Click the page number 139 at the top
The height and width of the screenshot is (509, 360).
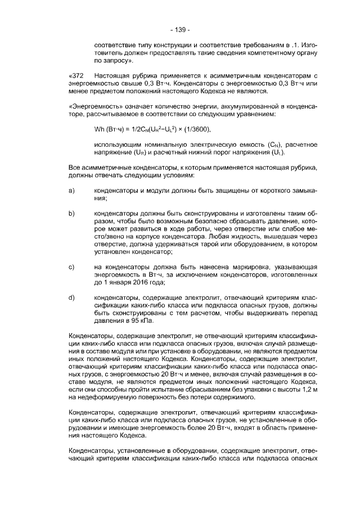[x=180, y=29]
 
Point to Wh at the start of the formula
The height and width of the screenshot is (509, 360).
[x=99, y=130]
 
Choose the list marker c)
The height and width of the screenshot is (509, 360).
[x=71, y=265]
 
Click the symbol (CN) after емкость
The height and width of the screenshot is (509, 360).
[x=264, y=145]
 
